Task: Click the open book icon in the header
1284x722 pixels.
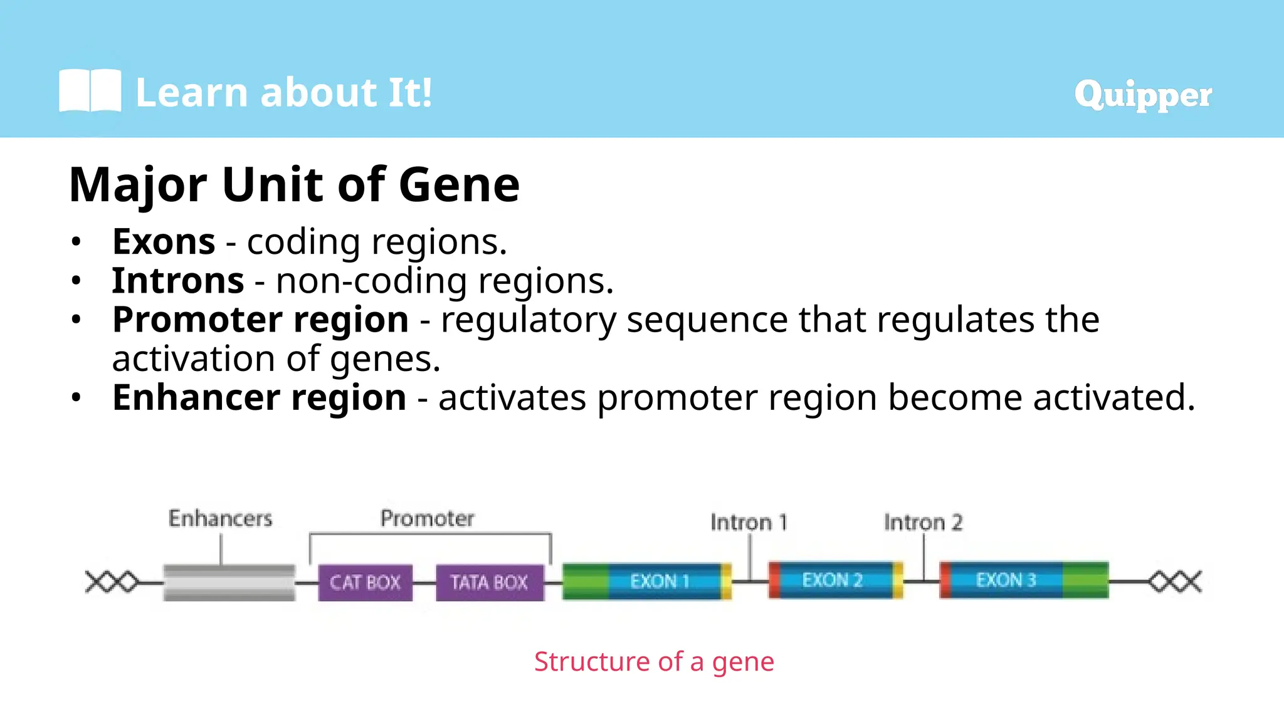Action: coord(90,91)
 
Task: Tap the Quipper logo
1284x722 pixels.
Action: coord(1142,95)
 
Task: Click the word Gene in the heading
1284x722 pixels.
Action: coord(459,185)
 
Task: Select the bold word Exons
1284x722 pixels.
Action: coord(164,242)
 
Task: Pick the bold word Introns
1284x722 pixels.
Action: coord(178,281)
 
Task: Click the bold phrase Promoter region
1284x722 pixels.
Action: coord(260,320)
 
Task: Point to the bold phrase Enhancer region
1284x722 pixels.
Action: coord(259,397)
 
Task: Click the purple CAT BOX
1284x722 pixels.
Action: coord(365,582)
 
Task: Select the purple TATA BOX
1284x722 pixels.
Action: coord(490,582)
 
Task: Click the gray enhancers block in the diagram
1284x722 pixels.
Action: coord(229,582)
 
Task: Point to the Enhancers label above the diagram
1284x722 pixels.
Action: coord(220,519)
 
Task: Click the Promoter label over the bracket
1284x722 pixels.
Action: coord(427,519)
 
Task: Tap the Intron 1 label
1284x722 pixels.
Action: coord(749,522)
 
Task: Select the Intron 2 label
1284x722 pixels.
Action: coord(923,522)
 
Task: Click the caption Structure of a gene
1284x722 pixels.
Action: coord(654,662)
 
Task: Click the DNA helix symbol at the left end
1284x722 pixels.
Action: coord(112,582)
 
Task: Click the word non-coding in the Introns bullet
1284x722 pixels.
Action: coord(371,281)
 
